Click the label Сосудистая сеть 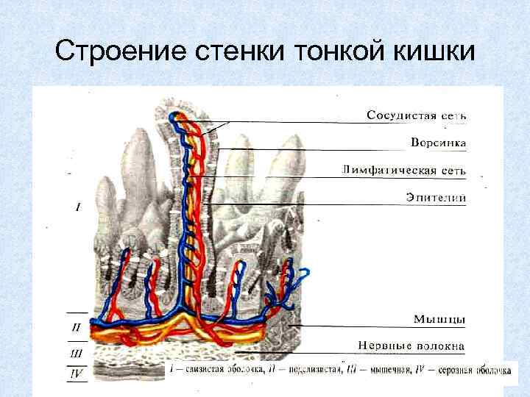[x=417, y=115]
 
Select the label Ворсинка [x=437, y=142]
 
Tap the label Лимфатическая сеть [x=404, y=170]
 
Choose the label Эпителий [x=436, y=197]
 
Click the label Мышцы [x=439, y=318]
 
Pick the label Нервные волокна [x=412, y=345]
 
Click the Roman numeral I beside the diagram [x=77, y=208]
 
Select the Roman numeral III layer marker [x=77, y=353]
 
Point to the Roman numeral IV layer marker [x=77, y=373]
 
